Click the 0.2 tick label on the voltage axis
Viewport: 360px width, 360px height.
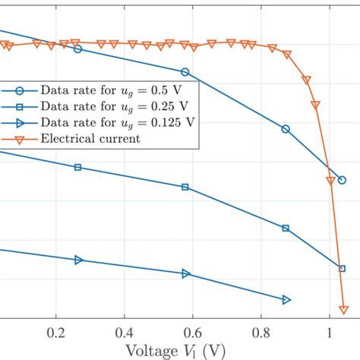[55, 332]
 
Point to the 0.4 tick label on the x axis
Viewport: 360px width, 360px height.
[124, 332]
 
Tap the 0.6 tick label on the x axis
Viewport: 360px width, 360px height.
[192, 332]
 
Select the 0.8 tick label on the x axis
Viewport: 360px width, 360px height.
[261, 332]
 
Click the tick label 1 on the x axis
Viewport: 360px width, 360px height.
[329, 332]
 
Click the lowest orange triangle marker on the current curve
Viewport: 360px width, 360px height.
[343, 309]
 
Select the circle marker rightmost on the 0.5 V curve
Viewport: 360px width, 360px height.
[342, 180]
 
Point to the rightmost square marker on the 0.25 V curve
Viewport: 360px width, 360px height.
[342, 268]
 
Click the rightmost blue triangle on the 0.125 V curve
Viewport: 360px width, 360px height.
[286, 300]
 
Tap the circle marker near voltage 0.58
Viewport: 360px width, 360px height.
[185, 73]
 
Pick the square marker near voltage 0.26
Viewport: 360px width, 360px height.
[77, 167]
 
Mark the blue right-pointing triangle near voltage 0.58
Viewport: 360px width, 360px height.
[185, 273]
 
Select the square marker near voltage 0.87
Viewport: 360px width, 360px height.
[286, 228]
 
